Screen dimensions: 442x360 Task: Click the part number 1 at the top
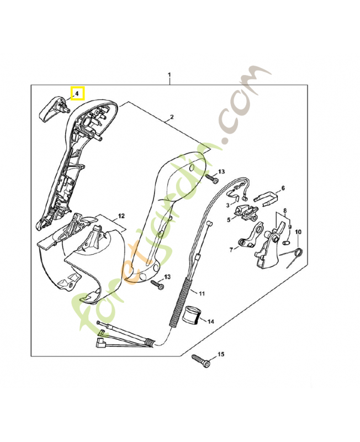point(170,74)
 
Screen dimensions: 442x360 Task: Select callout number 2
point(172,117)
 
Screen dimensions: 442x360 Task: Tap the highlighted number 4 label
point(77,93)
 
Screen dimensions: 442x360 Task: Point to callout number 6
point(283,188)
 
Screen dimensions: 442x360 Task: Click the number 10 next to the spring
point(298,231)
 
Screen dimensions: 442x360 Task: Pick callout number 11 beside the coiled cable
point(202,293)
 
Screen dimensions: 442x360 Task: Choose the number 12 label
point(121,216)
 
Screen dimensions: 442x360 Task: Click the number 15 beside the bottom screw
point(221,354)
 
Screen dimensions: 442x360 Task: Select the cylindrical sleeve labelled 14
point(192,315)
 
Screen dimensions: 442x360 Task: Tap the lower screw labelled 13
point(157,285)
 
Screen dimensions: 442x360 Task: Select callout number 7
point(231,250)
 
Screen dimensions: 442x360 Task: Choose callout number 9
point(289,227)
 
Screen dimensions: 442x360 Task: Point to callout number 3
point(227,205)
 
